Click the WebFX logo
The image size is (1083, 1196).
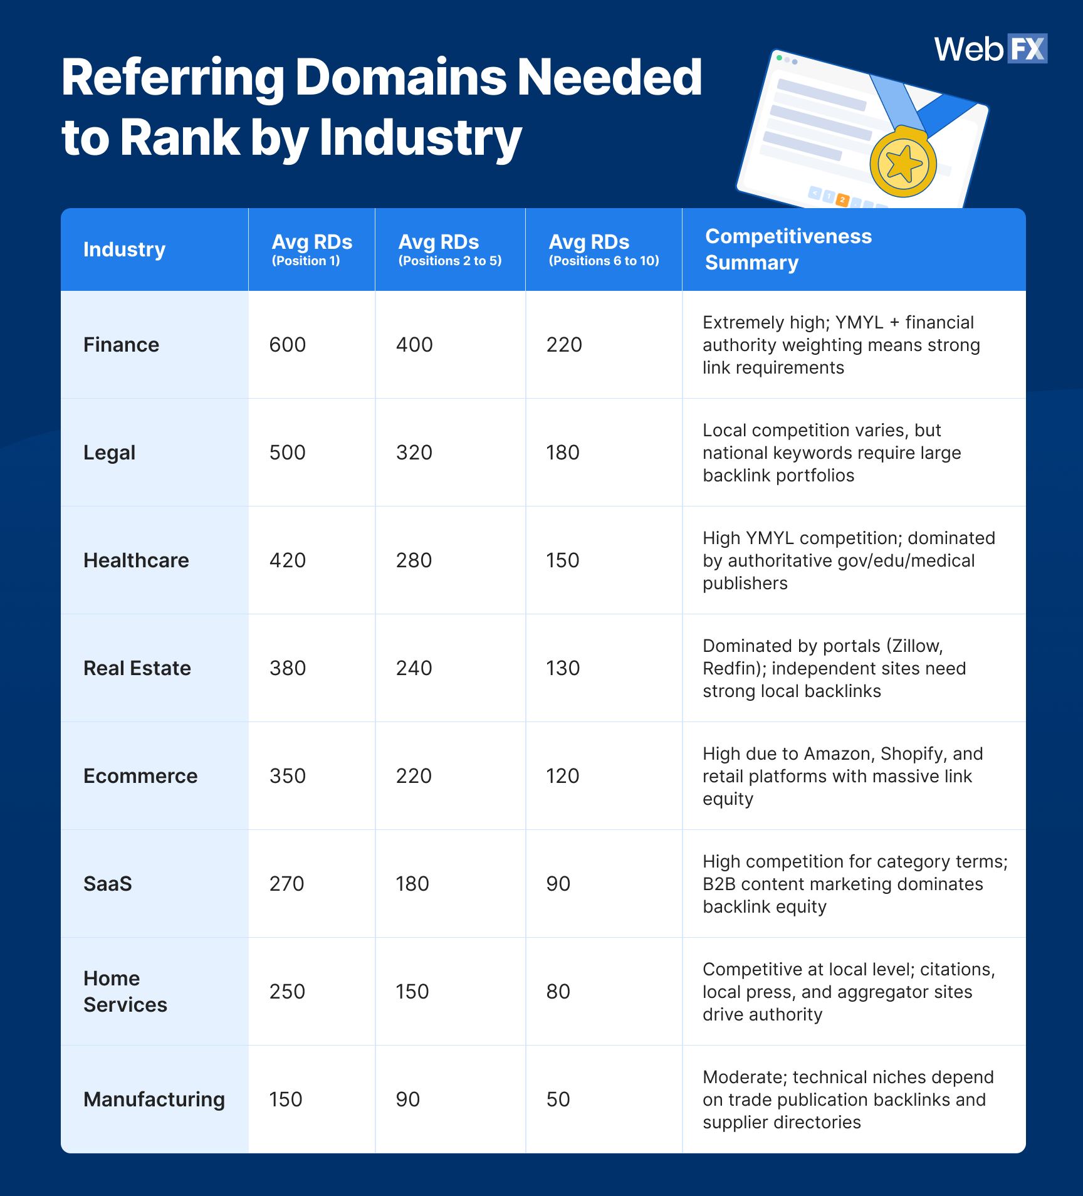[x=990, y=49]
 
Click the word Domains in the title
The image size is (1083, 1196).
[x=400, y=78]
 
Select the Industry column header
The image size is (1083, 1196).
[x=124, y=249]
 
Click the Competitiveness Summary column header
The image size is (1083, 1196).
[x=788, y=249]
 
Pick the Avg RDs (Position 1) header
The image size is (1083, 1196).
[x=311, y=249]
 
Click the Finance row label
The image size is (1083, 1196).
[x=121, y=345]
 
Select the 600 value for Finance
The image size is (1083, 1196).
[x=287, y=345]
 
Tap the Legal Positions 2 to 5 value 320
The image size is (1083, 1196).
[x=414, y=453]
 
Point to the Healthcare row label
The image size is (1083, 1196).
[x=136, y=560]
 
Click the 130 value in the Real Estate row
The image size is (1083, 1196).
[x=563, y=668]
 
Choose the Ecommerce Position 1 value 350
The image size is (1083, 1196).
[x=287, y=776]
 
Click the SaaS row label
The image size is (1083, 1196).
[x=107, y=884]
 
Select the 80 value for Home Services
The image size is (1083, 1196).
[x=558, y=992]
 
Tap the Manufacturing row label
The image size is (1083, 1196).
[x=154, y=1099]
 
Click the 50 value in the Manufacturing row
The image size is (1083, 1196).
[x=558, y=1099]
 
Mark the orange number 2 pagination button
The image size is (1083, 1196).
[x=842, y=200]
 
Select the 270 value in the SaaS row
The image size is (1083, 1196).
[x=286, y=884]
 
